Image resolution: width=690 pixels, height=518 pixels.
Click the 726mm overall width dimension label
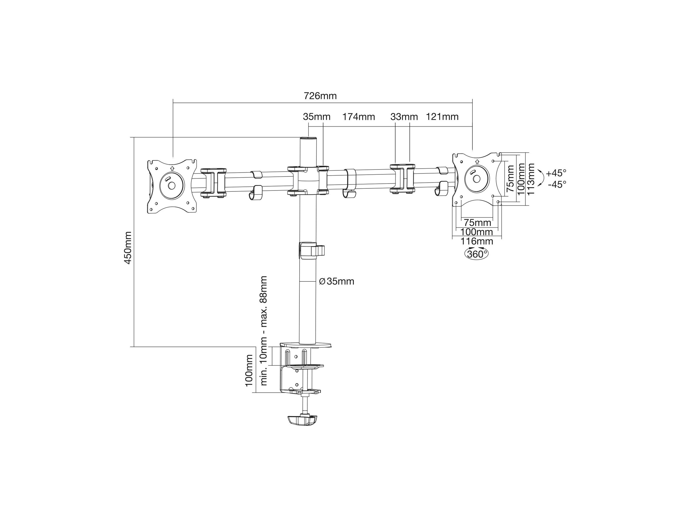point(320,96)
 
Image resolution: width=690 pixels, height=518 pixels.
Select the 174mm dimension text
point(359,117)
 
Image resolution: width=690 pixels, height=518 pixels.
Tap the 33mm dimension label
point(404,117)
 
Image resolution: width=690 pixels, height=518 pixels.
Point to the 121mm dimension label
point(442,117)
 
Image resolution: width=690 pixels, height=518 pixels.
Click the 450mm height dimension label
point(128,247)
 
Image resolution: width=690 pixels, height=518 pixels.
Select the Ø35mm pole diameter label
point(337,281)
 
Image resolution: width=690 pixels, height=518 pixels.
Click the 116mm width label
point(477,241)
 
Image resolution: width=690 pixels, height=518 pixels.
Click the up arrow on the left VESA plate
point(172,168)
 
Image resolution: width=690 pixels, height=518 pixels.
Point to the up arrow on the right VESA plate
point(477,161)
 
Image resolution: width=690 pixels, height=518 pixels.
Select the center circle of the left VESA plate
point(172,185)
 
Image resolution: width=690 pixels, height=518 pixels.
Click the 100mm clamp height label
point(249,371)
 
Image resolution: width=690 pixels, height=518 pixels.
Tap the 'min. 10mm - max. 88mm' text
point(264,330)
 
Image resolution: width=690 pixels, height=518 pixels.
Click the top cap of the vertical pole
point(308,138)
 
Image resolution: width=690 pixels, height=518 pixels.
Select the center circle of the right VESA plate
point(476,179)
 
